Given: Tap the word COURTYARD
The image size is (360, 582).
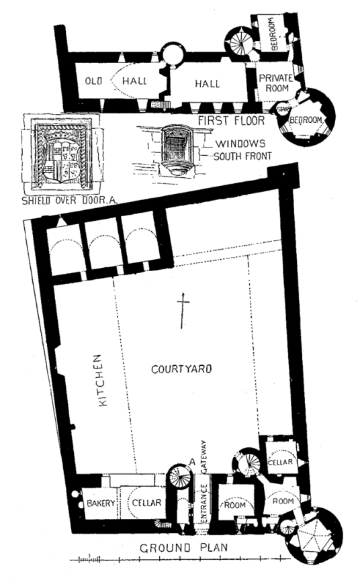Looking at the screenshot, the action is point(181,369).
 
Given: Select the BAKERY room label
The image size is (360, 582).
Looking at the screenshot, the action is point(101,503).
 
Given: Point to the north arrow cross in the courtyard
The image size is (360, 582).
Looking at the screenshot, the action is point(182,310).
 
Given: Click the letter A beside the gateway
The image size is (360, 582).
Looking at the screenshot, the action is point(192,462).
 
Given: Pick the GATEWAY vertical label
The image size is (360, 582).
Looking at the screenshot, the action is point(204,456).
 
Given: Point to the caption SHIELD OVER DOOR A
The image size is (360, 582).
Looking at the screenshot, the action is point(70,201).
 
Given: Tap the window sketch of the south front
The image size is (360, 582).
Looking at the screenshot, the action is point(175,150).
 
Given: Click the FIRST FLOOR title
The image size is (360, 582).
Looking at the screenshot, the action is point(231,121).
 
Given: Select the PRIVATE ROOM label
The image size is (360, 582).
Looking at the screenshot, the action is point(276,83).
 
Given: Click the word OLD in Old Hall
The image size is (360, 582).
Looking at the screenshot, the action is point(93,81).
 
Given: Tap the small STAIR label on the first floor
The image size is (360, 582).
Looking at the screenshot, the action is point(282,109).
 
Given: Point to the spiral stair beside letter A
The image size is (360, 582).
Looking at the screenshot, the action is point(179,477).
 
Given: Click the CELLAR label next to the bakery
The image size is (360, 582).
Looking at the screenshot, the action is point(146,503).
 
